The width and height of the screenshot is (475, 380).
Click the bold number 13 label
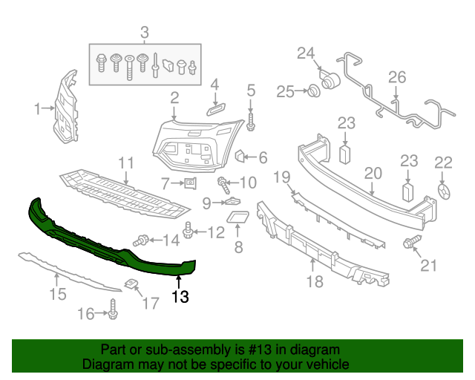[x=180, y=298]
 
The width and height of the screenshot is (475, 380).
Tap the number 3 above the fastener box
[x=145, y=32]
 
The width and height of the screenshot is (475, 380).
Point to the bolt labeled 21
[x=410, y=243]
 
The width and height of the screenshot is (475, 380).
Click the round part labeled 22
[x=443, y=191]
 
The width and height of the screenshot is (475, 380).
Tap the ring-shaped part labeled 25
[x=313, y=91]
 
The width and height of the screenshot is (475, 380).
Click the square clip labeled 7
[x=189, y=183]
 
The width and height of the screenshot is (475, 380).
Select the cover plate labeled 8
[x=239, y=219]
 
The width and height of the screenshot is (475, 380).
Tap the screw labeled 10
[x=222, y=181]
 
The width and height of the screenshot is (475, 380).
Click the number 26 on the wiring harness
[x=397, y=77]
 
